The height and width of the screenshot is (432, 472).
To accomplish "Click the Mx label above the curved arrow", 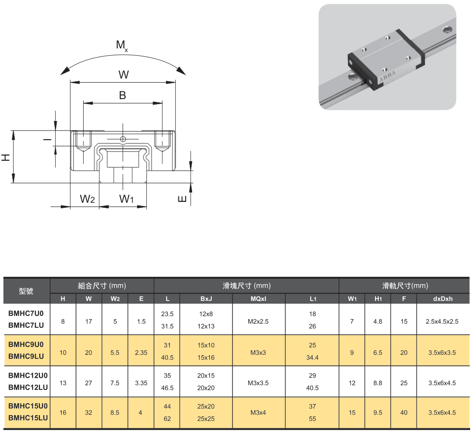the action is pos(122,45).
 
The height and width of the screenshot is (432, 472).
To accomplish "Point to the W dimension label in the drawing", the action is pos(123,74).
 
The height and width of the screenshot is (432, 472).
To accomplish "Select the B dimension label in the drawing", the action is pos(123,95).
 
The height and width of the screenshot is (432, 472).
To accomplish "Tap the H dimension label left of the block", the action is pos(6,157).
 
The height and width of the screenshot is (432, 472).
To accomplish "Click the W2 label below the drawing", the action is pos(87,199).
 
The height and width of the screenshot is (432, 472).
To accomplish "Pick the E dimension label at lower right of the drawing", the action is pos(182,199).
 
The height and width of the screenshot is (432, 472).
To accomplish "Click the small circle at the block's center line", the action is pos(123,139).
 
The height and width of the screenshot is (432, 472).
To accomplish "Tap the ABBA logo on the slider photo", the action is pos(387,76).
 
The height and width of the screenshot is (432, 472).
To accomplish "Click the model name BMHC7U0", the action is pos(26,314).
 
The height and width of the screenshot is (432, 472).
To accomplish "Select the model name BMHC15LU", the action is pos(28,418).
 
